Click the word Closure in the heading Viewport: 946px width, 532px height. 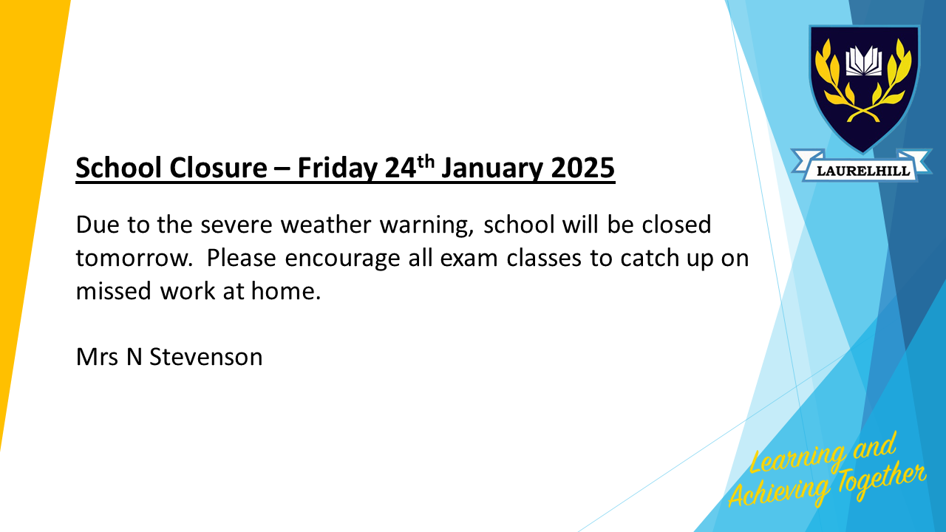click(x=218, y=168)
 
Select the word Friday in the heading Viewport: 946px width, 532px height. click(x=336, y=168)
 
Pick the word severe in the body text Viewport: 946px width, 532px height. click(x=236, y=225)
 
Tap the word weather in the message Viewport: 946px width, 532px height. click(x=326, y=224)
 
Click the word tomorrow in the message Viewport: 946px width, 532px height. click(x=131, y=258)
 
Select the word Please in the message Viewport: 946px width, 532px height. click(x=241, y=258)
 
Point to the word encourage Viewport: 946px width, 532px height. click(x=342, y=259)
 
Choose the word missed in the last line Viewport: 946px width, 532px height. click(x=114, y=291)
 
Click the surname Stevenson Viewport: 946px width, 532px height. click(x=206, y=357)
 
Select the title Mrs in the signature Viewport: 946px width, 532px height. click(x=97, y=357)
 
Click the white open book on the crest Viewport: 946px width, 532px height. click(x=864, y=61)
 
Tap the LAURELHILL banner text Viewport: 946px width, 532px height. click(x=863, y=171)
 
